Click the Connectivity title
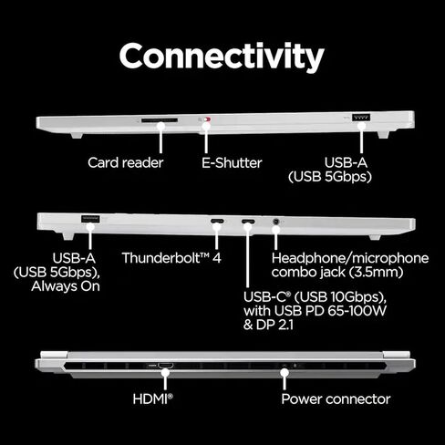pos(222,57)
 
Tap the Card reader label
pos(126,162)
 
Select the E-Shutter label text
pos(232,163)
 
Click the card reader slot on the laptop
pos(160,120)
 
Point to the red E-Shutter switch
pos(207,119)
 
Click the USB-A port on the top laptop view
pos(361,118)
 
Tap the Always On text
pos(66,286)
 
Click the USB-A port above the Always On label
pos(90,219)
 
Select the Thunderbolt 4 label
pos(171,258)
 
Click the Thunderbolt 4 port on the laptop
pos(217,221)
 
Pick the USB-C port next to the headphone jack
pos(248,221)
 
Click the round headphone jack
pos(276,222)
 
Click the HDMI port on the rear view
pos(166,365)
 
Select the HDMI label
pos(152,398)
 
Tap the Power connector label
pos(336,399)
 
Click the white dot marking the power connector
pos(285,372)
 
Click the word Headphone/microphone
pos(350,258)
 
